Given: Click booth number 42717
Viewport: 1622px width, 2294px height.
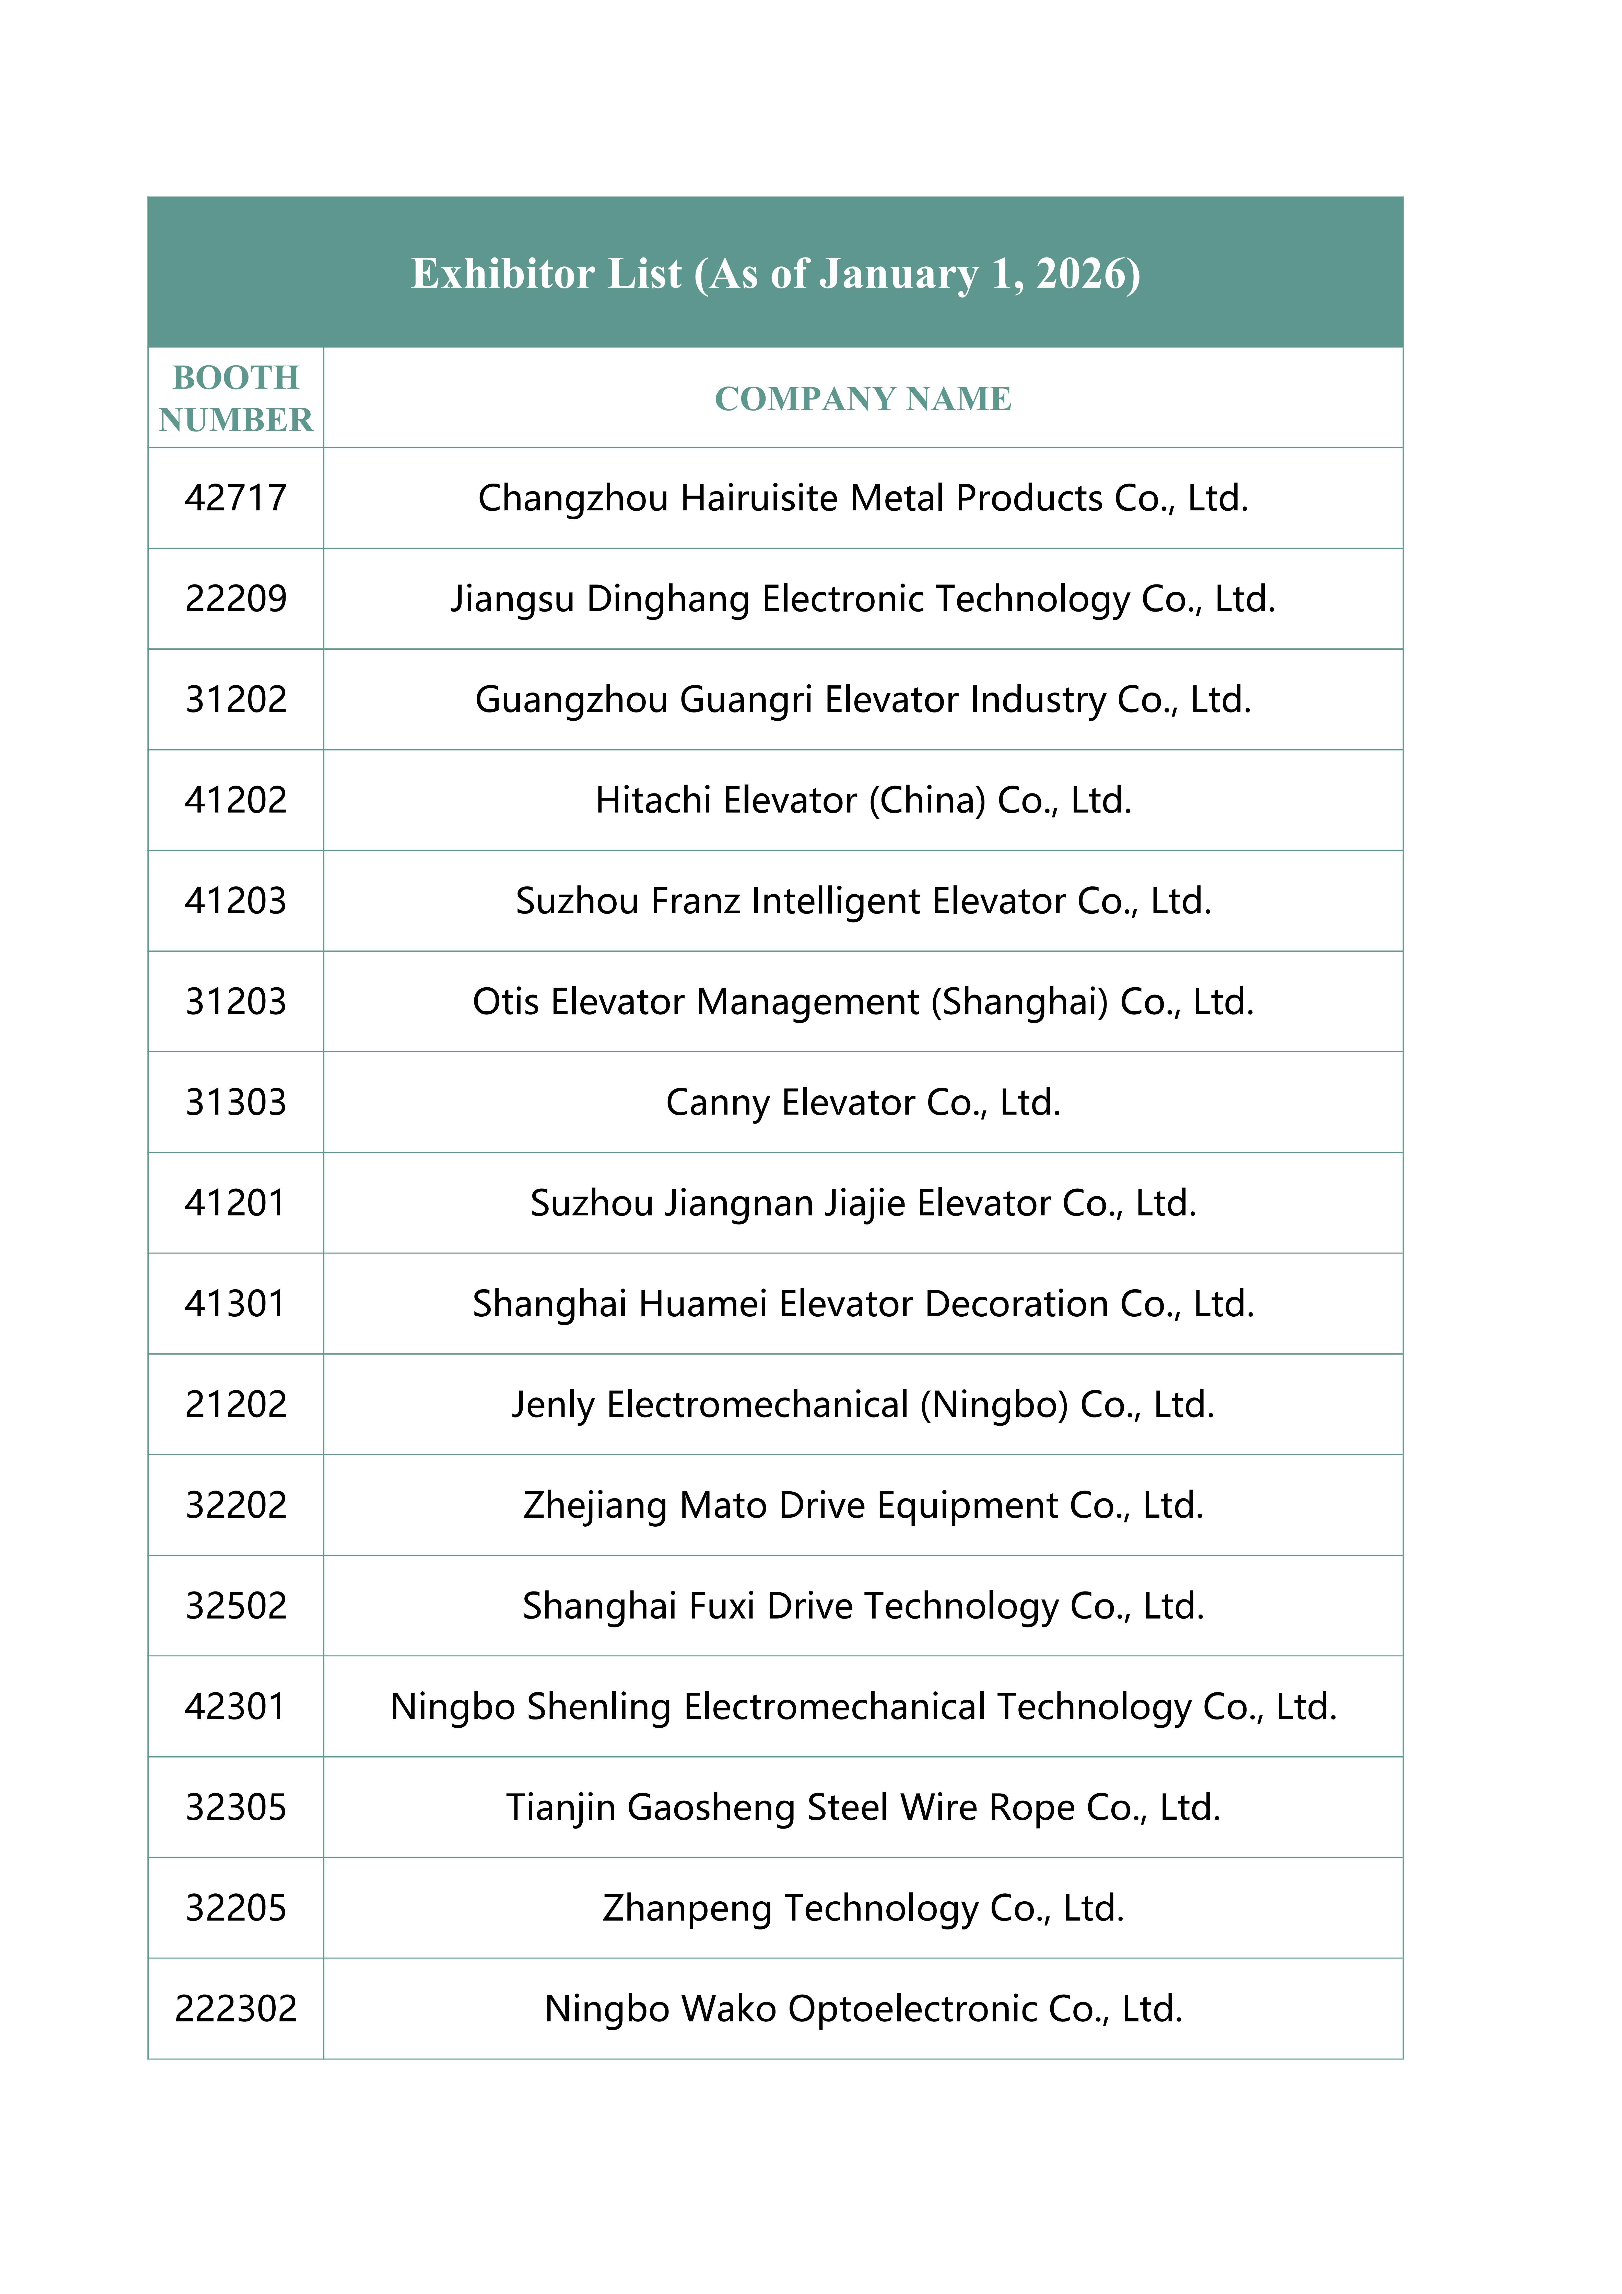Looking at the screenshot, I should (236, 498).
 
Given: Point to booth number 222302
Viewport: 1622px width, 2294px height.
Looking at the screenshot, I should (236, 2008).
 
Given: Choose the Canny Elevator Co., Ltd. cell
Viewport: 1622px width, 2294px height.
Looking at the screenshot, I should (863, 1102).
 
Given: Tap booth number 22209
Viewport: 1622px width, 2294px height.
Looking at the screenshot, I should (236, 599).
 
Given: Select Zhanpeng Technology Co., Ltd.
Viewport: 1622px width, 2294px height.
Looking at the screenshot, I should (863, 1907).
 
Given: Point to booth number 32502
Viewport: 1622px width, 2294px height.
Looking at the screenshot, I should (236, 1606).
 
